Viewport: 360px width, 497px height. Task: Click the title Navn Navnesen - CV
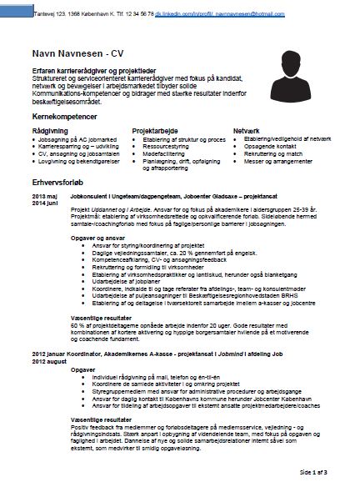coord(66,53)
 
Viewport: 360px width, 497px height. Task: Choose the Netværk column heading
coord(247,131)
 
